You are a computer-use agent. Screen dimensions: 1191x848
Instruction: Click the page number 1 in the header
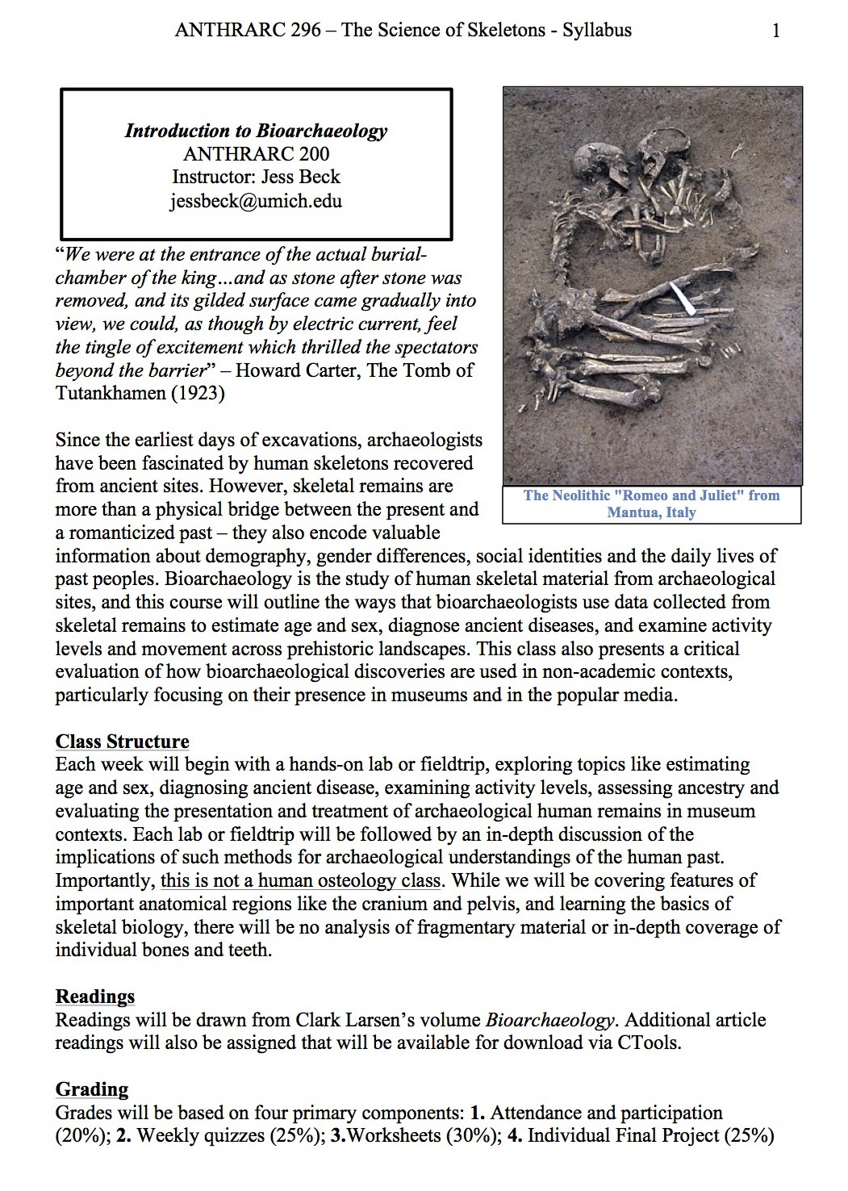pos(776,31)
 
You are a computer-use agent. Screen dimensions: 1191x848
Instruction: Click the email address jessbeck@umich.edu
pos(256,201)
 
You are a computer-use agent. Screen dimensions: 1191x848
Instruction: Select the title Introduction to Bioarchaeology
pos(256,131)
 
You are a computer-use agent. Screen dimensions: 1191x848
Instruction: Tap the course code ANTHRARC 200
pos(256,154)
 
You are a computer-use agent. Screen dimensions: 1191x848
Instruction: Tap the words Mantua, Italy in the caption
pos(651,512)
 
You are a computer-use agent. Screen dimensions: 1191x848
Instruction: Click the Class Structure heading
pos(122,742)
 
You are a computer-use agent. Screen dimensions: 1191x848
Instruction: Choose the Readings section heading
pos(94,997)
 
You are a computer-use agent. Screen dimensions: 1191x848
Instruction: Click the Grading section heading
pos(91,1089)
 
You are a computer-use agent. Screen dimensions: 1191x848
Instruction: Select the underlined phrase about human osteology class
pos(301,880)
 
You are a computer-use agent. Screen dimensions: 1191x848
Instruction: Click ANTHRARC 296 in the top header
pos(247,31)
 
